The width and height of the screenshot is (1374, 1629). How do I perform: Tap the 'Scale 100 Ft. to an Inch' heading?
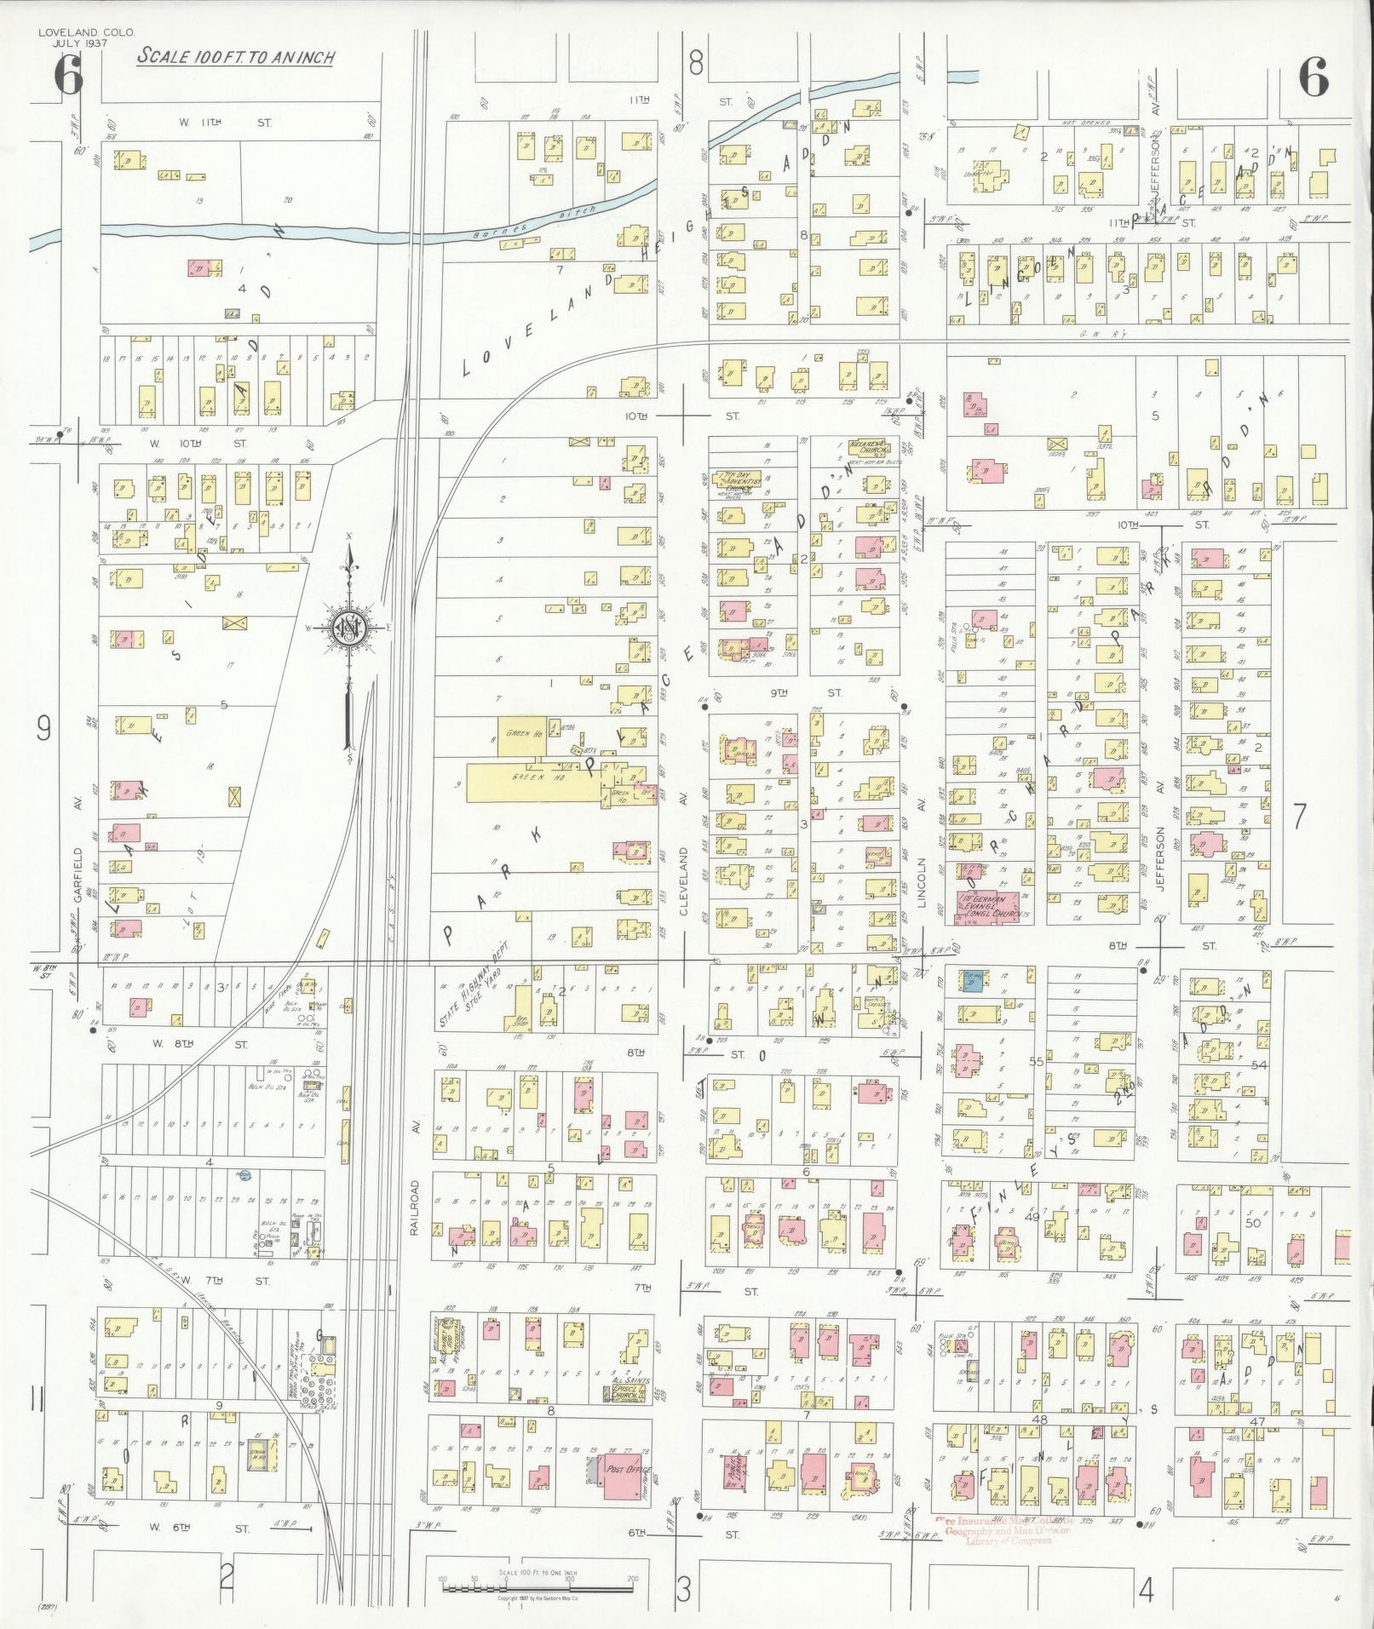click(236, 57)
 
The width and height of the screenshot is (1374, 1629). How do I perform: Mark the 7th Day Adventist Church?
click(739, 479)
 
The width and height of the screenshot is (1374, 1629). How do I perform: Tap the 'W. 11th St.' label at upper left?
click(225, 123)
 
